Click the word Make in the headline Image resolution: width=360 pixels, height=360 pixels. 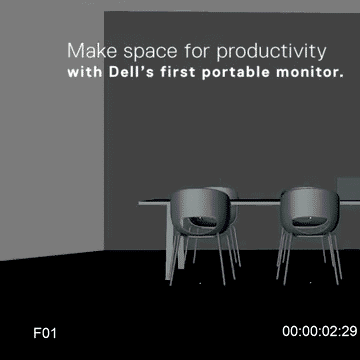pos(87,50)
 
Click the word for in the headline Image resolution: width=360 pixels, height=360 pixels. pos(187,50)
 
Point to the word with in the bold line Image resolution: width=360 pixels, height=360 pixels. pos(84,73)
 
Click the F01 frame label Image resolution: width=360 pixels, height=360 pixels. pos(45,331)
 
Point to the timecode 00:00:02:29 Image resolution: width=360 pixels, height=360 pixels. pos(319,331)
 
